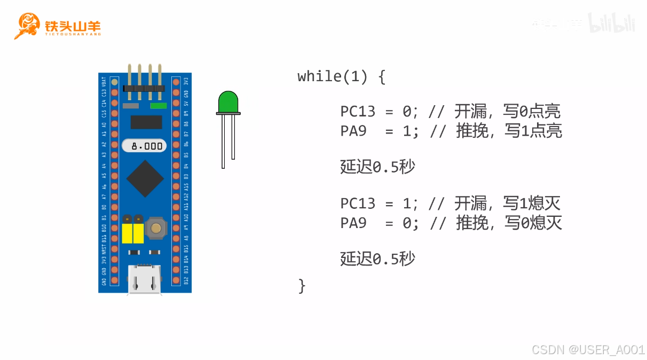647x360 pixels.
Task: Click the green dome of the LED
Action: tap(228, 101)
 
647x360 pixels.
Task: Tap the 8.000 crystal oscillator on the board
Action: tap(144, 146)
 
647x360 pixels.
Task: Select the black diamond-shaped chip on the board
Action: tap(145, 178)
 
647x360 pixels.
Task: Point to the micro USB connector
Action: tap(144, 278)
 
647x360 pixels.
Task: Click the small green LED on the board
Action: tap(159, 106)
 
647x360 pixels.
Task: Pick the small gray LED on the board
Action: tap(131, 106)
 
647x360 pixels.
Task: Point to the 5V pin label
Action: tap(186, 103)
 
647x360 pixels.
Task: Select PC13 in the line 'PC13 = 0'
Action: tap(358, 112)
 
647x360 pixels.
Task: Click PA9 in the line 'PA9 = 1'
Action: tap(353, 131)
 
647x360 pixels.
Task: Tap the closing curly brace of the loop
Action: tap(302, 285)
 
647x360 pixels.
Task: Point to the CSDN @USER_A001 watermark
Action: tap(588, 349)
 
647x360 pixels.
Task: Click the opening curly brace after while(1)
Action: tap(381, 77)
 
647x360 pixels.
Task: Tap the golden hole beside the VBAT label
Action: tap(114, 82)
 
